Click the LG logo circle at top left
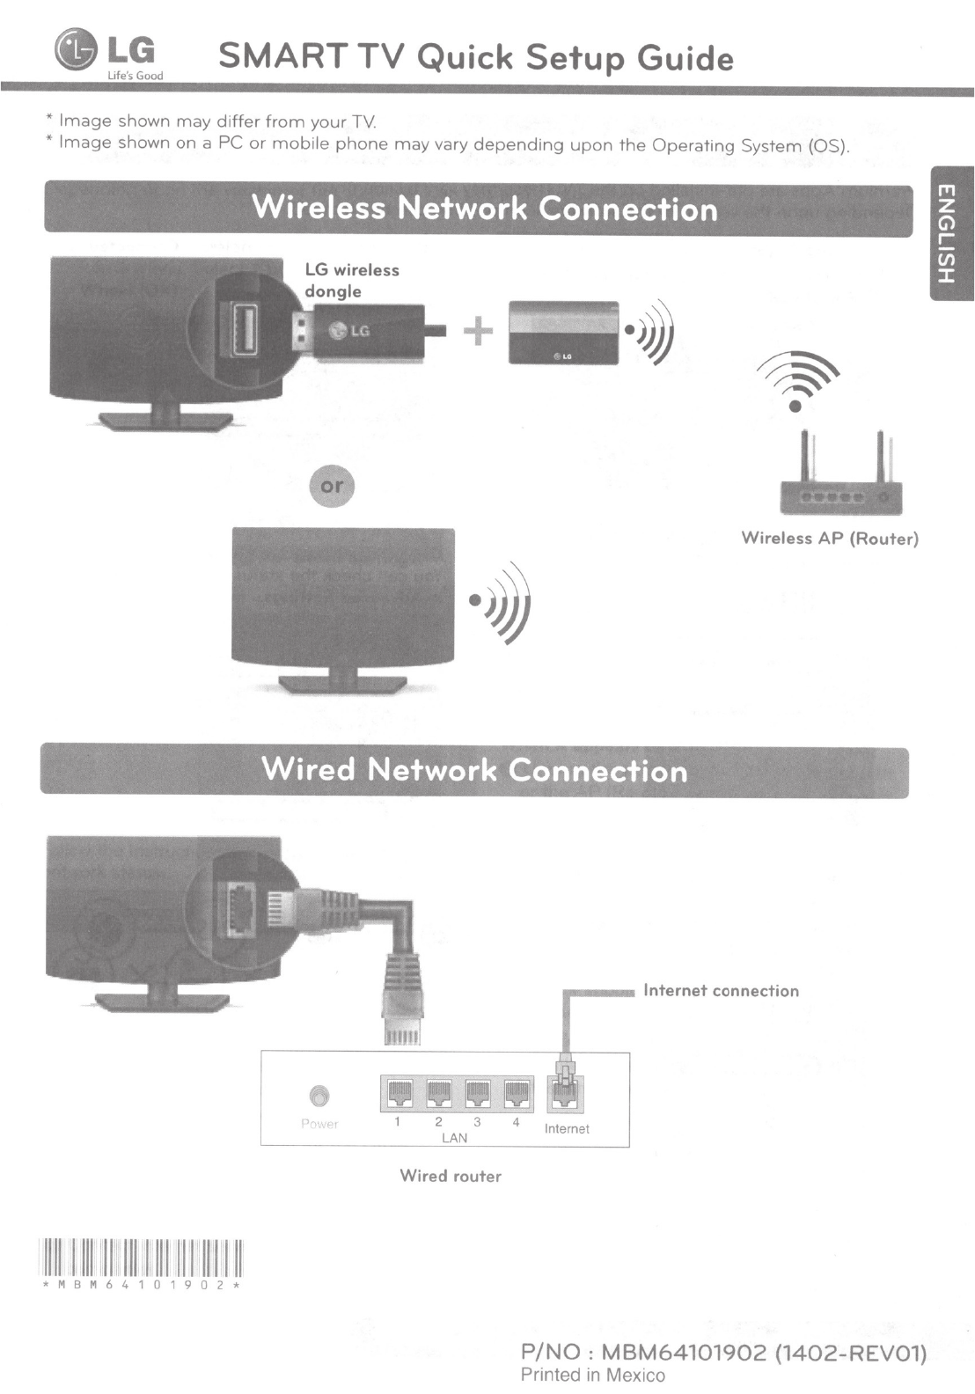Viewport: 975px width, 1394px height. (76, 49)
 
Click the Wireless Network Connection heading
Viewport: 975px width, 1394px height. (484, 209)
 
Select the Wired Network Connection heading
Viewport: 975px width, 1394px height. (474, 771)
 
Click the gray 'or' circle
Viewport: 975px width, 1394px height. (332, 486)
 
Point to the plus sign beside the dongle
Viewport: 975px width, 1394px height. (477, 331)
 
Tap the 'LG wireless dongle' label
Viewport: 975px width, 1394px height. (351, 280)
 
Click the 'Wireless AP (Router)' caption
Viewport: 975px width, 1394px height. (830, 539)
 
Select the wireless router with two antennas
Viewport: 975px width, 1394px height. (840, 480)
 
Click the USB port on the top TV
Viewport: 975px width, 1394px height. (244, 329)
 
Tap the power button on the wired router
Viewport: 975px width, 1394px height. (319, 1096)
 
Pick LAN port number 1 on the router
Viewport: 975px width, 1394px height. (398, 1094)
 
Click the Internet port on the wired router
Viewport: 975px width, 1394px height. (566, 1094)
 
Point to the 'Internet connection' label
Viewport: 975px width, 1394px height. (721, 991)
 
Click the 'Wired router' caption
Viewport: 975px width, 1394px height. (451, 1176)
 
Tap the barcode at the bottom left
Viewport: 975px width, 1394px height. (141, 1257)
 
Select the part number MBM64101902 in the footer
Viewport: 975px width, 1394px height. (681, 1352)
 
